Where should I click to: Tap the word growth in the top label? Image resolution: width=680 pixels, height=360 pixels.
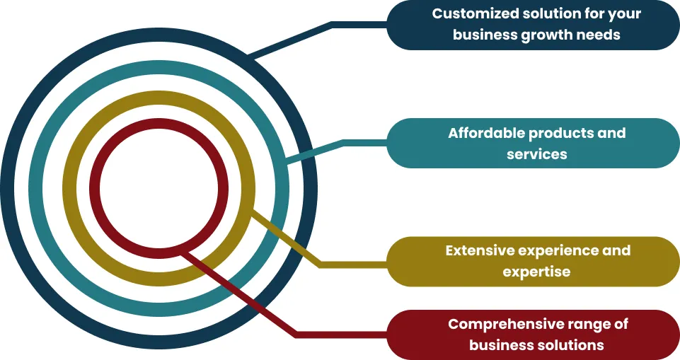pyautogui.click(x=546, y=34)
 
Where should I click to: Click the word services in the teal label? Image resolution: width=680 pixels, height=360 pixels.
pyautogui.click(x=536, y=153)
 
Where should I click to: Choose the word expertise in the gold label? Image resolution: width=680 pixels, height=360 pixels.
pyautogui.click(x=536, y=272)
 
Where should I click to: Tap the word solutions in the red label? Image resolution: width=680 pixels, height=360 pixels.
pyautogui.click(x=570, y=344)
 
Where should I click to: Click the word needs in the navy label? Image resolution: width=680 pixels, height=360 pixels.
pyautogui.click(x=601, y=34)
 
